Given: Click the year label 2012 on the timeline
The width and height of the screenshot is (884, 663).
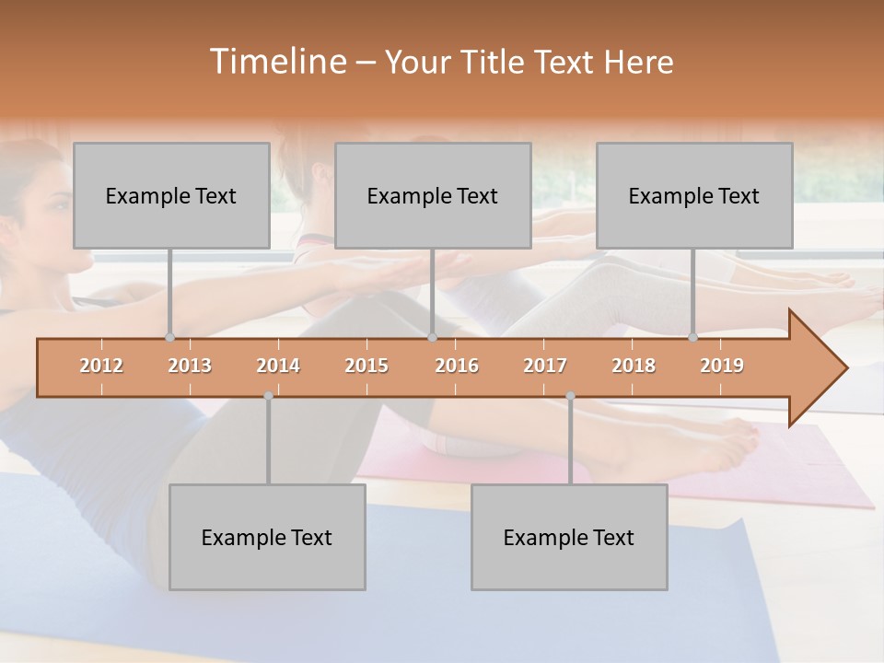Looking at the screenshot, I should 101,366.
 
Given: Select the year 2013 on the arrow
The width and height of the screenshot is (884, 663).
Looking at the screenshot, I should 190,366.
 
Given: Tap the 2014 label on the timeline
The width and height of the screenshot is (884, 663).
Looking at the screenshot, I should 278,366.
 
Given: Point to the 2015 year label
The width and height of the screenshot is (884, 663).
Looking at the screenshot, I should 366,366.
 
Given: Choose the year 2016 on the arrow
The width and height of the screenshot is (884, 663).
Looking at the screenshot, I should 457,366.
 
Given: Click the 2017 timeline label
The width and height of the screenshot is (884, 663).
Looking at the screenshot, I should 545,366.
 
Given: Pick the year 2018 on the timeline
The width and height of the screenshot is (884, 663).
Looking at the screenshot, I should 634,366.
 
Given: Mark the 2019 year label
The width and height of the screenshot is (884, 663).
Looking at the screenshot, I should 722,366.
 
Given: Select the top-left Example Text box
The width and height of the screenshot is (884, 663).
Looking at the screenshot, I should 171,196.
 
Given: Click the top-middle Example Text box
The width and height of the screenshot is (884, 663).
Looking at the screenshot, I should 433,196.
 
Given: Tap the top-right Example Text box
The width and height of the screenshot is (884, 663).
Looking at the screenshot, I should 694,196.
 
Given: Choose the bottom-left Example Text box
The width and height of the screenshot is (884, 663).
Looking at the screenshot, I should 267,538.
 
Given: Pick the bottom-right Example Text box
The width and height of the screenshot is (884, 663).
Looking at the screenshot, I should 569,538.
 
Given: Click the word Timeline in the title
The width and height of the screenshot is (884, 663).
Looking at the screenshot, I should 276,62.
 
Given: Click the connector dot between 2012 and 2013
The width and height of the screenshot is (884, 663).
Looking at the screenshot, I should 169,337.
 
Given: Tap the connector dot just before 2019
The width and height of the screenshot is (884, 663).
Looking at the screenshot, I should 693,337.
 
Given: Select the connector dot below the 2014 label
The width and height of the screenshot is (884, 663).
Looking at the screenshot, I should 268,396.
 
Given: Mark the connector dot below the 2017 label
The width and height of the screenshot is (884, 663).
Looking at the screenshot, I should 570,396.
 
